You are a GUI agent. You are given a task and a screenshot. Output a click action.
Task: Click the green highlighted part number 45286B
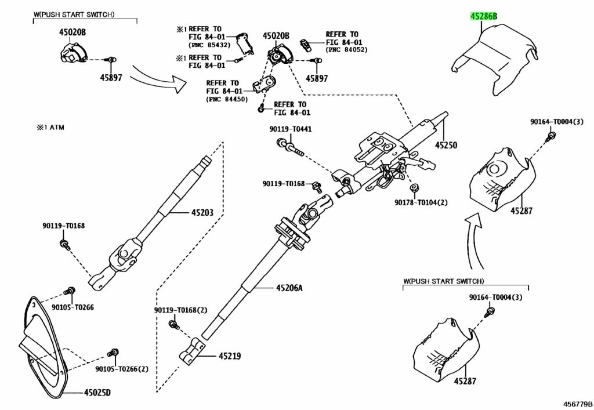(x=483, y=16)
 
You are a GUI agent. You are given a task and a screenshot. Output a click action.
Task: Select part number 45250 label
(x=446, y=145)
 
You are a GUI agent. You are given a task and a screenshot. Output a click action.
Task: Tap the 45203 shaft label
(x=202, y=213)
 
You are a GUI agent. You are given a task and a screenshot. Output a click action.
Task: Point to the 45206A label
(x=289, y=288)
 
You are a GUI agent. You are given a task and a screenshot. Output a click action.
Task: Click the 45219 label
(x=229, y=356)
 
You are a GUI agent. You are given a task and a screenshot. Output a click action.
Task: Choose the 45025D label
(x=97, y=393)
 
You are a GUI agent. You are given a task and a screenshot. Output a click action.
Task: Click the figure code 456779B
(x=577, y=404)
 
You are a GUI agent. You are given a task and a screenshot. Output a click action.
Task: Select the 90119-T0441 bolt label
(x=291, y=129)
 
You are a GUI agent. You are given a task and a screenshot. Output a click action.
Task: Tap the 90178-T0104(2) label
(x=421, y=202)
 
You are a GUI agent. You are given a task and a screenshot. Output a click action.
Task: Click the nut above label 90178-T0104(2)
(x=414, y=187)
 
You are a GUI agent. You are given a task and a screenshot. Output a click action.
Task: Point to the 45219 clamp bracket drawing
(x=192, y=351)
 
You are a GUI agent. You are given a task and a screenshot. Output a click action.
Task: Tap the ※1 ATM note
(x=50, y=128)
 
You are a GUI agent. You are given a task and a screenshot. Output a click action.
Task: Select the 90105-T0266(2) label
(x=122, y=369)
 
